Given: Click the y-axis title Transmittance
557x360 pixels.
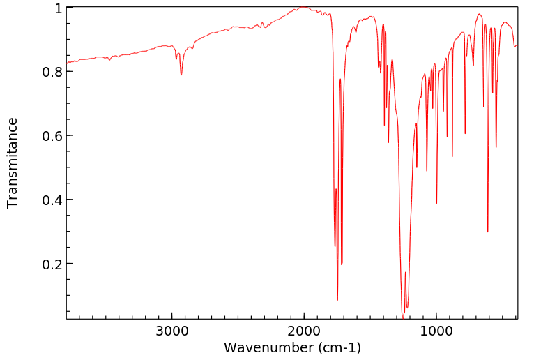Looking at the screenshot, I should pos(13,163).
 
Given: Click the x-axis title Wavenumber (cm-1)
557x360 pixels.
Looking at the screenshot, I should pos(292,347).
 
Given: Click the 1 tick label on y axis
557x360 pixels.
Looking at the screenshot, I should pos(59,8).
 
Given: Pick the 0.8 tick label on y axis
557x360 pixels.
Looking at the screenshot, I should pos(53,72).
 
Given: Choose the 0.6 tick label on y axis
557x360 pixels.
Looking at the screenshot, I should pos(53,136).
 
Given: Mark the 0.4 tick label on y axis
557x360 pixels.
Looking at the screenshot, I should pos(53,200).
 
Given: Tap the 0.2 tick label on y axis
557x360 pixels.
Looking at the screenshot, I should pos(53,264).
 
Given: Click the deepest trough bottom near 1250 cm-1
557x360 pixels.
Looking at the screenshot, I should pos(403,318).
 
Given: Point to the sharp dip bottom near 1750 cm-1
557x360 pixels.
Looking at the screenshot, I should pos(337,300).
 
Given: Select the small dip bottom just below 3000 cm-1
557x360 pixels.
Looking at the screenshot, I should pos(181,75).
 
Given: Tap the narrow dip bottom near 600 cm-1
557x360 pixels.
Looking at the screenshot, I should pos(488,232).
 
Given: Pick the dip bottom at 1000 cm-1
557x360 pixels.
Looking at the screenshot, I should pos(436,203).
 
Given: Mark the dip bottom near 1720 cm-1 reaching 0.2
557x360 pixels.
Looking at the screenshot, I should pos(342,264).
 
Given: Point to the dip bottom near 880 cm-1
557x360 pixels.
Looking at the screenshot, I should pos(452,156).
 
